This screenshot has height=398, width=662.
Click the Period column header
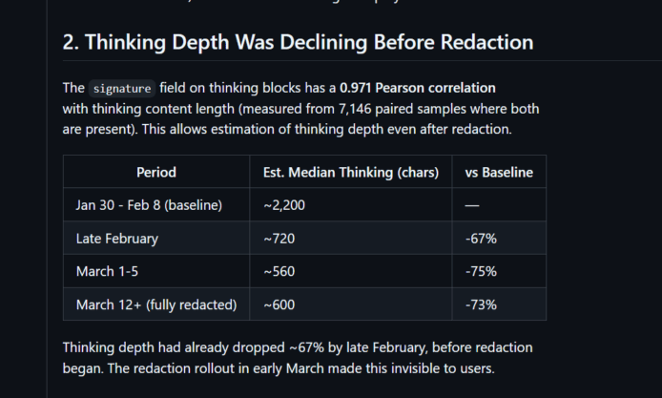point(156,172)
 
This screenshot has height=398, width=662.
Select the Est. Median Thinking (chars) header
point(351,172)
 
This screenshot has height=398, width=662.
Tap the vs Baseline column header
point(499,172)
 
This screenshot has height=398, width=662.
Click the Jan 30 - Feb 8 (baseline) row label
point(149,205)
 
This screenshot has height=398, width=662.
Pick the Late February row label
point(117,239)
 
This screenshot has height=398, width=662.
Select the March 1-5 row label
point(107,271)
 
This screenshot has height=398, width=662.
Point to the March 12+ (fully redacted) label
point(155,304)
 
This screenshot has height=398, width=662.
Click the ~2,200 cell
point(284,205)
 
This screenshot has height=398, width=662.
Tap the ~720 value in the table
point(279,239)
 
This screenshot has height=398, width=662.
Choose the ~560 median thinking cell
point(279,271)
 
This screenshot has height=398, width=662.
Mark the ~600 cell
point(279,304)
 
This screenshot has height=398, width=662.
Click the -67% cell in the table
point(482,239)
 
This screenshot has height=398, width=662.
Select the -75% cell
point(482,271)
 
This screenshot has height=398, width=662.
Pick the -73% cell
point(482,304)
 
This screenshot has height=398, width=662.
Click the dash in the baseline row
point(472,205)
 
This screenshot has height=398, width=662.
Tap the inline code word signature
point(121,88)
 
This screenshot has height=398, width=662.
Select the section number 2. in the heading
point(71,42)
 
